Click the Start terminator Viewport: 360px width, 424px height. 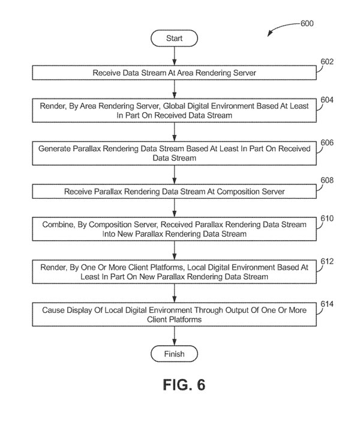point(174,38)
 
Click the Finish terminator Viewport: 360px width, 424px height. point(174,354)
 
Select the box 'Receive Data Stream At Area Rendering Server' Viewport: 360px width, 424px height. point(174,73)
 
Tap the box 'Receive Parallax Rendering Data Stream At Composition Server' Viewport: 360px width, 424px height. point(174,192)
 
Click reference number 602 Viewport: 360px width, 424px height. point(327,61)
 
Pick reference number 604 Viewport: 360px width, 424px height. point(327,99)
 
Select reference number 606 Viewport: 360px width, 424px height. point(327,142)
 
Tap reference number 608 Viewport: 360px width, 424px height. point(327,180)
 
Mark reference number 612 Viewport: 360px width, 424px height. point(327,261)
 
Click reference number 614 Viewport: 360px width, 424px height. point(327,305)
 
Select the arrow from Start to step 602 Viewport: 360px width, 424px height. point(174,56)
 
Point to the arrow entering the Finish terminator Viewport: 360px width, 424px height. point(174,336)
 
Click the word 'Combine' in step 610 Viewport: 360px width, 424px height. point(57,224)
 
